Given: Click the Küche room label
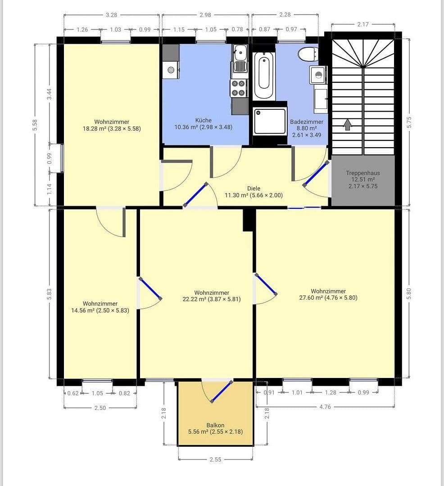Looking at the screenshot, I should (203, 121).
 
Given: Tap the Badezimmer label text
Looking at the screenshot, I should (307, 122).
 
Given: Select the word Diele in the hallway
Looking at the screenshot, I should (254, 189).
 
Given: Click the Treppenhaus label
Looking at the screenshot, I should (362, 173).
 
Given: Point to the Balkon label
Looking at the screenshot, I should (215, 425).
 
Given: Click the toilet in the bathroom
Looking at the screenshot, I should (308, 54).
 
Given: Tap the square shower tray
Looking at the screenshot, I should (269, 121).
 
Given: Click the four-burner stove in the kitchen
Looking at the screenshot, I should (239, 88).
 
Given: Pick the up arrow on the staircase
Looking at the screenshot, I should (347, 124).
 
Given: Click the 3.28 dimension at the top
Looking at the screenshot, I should (111, 15).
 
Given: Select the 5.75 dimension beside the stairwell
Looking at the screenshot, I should (409, 122).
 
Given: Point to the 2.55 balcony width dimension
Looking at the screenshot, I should (215, 460).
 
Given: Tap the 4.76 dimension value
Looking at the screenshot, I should (325, 407).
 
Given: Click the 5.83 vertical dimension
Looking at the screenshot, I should (49, 294).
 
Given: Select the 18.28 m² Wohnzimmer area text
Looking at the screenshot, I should (112, 128).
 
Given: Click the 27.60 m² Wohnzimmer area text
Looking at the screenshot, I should (328, 297).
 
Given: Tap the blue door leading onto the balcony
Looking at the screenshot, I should (222, 391).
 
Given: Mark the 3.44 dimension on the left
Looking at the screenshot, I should (49, 94).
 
